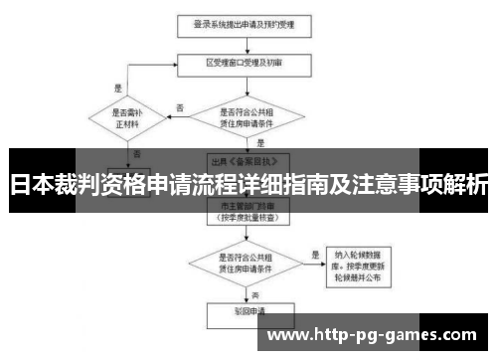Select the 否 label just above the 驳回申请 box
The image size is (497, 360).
[x=254, y=294]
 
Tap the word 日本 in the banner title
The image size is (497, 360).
[x=28, y=185]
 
